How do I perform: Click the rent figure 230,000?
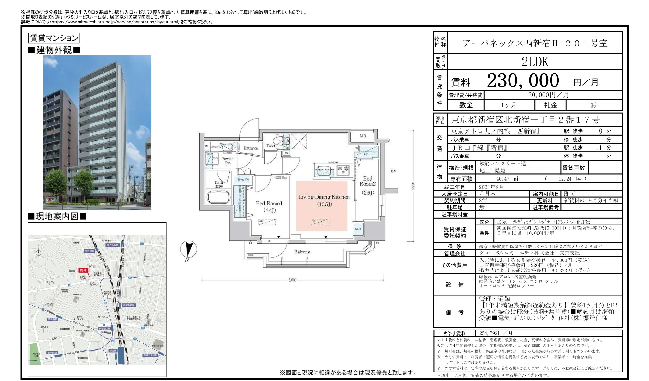click(523, 81)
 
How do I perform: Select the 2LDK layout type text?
click(535, 62)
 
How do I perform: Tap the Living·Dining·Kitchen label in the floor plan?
click(324, 197)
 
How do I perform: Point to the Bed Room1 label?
click(269, 204)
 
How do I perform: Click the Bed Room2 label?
click(367, 181)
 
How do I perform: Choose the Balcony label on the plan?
click(302, 252)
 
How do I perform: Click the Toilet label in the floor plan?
click(271, 146)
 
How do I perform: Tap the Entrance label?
click(251, 148)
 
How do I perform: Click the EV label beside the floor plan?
click(393, 171)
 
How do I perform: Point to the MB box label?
click(363, 136)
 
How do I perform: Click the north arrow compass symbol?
click(188, 249)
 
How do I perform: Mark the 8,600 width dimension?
click(292, 280)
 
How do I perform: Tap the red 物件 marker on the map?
click(83, 270)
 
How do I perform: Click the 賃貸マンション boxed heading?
click(54, 38)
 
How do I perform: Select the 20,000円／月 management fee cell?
click(548, 95)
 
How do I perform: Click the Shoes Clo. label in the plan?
click(243, 179)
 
